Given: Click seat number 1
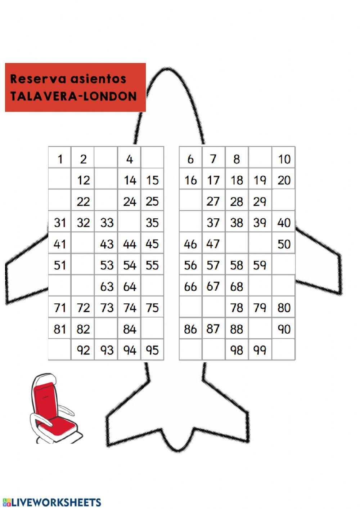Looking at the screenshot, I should click(60, 159).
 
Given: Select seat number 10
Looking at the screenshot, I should click(284, 159).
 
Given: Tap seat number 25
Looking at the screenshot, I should click(152, 201).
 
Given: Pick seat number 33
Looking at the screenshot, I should click(107, 223).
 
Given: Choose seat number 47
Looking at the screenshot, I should click(213, 244).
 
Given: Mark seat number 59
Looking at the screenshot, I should click(260, 265).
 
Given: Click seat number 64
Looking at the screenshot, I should click(130, 286).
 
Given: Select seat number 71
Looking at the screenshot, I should click(60, 308).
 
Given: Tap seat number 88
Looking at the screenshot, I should click(237, 329).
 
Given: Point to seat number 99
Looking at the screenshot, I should click(260, 350).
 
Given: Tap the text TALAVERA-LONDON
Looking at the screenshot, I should click(73, 96).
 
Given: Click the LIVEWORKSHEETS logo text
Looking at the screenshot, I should click(57, 502).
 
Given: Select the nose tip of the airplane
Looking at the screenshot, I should click(168, 69).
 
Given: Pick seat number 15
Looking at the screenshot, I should click(152, 180).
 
